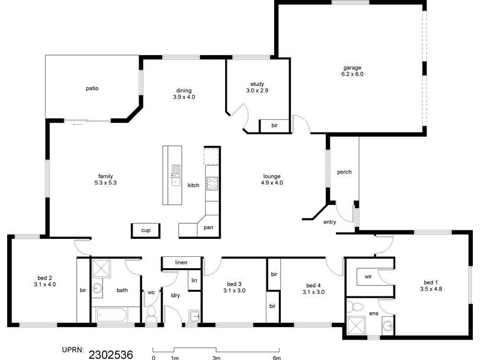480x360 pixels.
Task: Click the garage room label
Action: coord(353,67)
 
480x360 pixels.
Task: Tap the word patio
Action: coord(92,88)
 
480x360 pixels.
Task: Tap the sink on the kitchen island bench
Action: coord(175,175)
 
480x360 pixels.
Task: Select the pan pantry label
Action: coord(208,227)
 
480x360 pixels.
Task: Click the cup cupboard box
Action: coord(145,230)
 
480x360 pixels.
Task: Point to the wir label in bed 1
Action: coord(368,277)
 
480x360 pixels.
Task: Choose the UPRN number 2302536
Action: coord(111,353)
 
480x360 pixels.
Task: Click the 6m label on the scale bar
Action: coord(277,358)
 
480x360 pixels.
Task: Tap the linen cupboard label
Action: coord(181,263)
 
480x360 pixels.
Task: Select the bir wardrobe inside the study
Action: coord(274,126)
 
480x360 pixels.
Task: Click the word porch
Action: coord(344,172)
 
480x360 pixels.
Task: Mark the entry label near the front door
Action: coord(329,222)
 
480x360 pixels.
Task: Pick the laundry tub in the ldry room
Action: coord(193,316)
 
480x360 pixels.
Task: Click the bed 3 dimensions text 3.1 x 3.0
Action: coord(234,291)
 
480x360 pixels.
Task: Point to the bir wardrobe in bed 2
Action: coord(83,290)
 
